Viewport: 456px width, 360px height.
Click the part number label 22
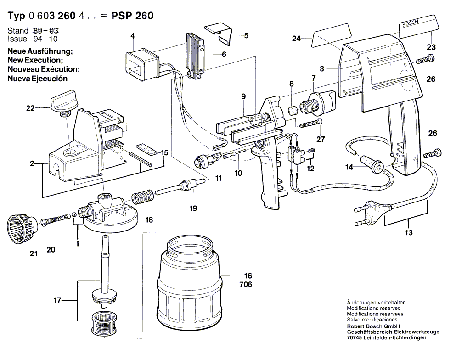click(x=30, y=108)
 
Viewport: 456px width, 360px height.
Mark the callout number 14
click(x=349, y=168)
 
